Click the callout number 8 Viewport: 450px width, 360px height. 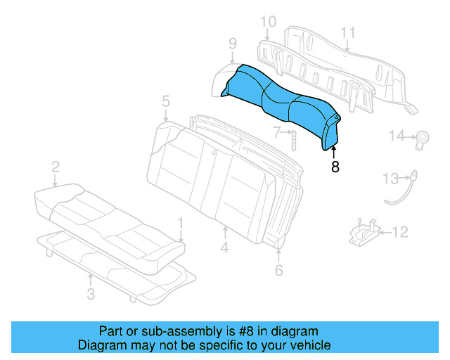click(335, 167)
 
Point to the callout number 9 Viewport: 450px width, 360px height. click(231, 45)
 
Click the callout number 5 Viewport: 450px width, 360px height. click(165, 101)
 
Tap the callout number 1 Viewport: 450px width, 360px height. click(181, 224)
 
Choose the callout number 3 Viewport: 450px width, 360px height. click(90, 294)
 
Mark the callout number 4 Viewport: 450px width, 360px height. click(224, 248)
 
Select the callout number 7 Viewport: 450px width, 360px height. click(277, 131)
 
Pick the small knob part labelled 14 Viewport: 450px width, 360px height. click(424, 136)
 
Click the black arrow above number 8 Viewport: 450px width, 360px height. click(335, 152)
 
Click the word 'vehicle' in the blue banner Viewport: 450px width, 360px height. click(305, 345)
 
